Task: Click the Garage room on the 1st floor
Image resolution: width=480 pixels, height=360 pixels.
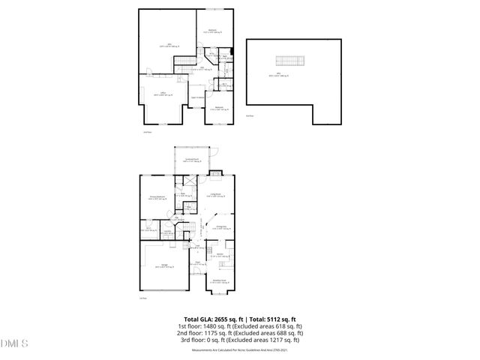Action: tap(162, 266)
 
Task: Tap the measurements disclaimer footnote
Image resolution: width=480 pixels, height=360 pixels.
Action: tap(239, 350)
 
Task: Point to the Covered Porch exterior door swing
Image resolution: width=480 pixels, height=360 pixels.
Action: tap(211, 161)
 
